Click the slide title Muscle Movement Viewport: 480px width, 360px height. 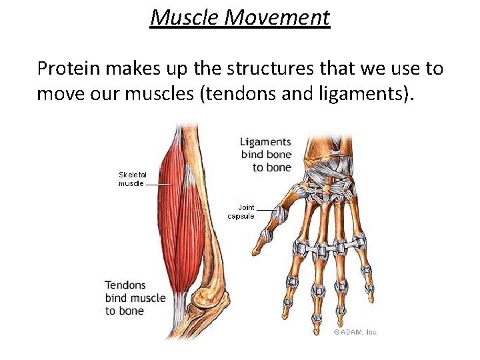pos(239,17)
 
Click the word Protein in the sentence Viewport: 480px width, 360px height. pos(65,68)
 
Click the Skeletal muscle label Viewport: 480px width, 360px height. pos(131,178)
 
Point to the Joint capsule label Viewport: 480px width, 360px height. pos(241,211)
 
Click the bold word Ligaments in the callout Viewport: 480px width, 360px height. pos(265,142)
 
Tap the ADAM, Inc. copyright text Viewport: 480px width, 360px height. pos(355,332)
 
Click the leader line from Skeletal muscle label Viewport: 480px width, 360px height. pos(159,183)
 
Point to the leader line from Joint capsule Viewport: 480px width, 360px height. pos(266,210)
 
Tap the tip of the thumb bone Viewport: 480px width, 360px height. pos(265,237)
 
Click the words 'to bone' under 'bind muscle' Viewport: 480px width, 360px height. pos(125,311)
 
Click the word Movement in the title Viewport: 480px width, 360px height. pos(277,17)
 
